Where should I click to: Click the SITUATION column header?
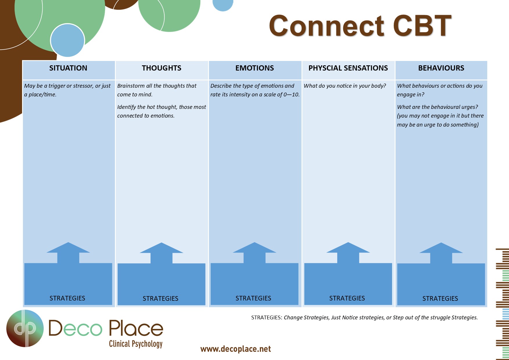click(x=68, y=68)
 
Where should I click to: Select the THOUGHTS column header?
click(x=162, y=68)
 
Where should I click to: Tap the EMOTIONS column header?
click(x=255, y=68)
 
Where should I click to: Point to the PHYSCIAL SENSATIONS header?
click(x=348, y=68)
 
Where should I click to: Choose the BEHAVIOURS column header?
click(x=441, y=68)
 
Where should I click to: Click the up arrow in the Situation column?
click(x=68, y=253)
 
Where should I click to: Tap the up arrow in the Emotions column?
click(x=255, y=253)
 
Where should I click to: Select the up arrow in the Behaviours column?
click(x=441, y=253)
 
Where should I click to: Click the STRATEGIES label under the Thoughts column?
click(x=160, y=298)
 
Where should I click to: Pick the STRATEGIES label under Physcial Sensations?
click(x=347, y=298)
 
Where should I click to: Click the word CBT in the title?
click(x=422, y=26)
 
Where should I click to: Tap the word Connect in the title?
click(x=327, y=26)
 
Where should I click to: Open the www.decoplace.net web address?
click(x=236, y=349)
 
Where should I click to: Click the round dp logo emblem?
click(x=25, y=328)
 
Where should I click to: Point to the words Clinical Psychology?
click(x=136, y=344)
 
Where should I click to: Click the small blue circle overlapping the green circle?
click(x=67, y=40)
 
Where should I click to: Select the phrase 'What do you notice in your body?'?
click(x=345, y=86)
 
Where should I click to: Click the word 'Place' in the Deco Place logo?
click(x=136, y=328)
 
